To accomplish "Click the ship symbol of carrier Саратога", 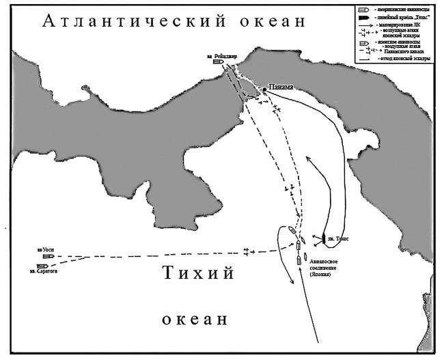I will point(42,266).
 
